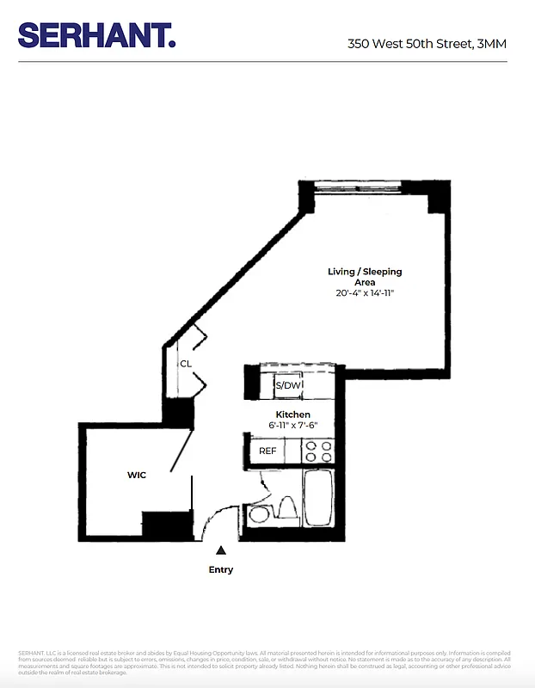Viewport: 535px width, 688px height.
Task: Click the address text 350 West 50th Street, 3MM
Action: tap(427, 42)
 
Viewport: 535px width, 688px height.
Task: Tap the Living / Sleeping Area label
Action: tap(365, 277)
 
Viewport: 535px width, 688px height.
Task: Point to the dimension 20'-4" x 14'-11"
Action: tap(365, 294)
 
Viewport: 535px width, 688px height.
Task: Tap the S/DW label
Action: tap(287, 386)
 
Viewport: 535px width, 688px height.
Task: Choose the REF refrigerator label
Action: tap(267, 451)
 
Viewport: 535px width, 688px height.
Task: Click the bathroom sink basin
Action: tap(257, 516)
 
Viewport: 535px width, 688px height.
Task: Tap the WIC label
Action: tap(137, 475)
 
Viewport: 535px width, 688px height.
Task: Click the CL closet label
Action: tap(185, 364)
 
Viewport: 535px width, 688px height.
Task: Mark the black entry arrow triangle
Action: tap(221, 550)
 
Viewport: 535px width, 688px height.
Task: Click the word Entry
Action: tap(221, 569)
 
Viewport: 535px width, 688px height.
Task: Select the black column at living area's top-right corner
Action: tap(438, 200)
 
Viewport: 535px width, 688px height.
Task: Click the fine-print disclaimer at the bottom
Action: tap(267, 661)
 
